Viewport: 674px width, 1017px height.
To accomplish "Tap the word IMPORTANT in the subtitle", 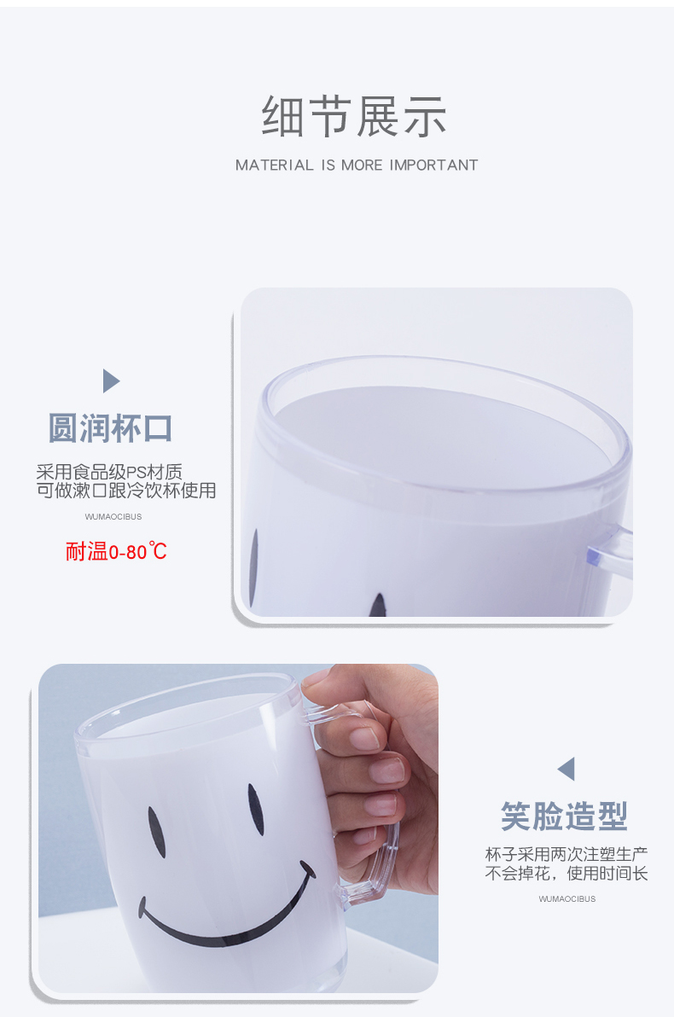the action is tap(433, 166).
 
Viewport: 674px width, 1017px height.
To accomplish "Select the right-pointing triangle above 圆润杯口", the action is tap(111, 381).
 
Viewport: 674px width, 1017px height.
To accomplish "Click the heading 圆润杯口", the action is tap(111, 428).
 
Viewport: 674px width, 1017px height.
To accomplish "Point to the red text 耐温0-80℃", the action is tap(116, 551).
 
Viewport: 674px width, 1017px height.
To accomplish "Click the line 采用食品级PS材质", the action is tap(109, 472).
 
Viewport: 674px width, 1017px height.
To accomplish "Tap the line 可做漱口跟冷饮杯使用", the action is tap(126, 491).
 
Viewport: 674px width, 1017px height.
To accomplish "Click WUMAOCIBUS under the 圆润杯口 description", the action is tap(113, 517).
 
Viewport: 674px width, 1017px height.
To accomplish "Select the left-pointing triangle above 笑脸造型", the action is tap(566, 769).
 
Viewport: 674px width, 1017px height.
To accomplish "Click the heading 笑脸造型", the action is tap(565, 816).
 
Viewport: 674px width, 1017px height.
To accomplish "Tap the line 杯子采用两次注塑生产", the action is tap(567, 854).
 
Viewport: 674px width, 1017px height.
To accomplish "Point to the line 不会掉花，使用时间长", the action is tap(567, 874).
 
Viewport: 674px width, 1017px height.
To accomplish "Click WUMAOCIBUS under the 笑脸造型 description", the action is tap(567, 899).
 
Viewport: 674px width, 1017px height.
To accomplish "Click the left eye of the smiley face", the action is tap(157, 833).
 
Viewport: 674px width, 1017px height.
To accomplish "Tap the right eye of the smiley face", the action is tap(256, 809).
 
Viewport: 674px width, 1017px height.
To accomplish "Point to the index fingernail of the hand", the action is tap(363, 738).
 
